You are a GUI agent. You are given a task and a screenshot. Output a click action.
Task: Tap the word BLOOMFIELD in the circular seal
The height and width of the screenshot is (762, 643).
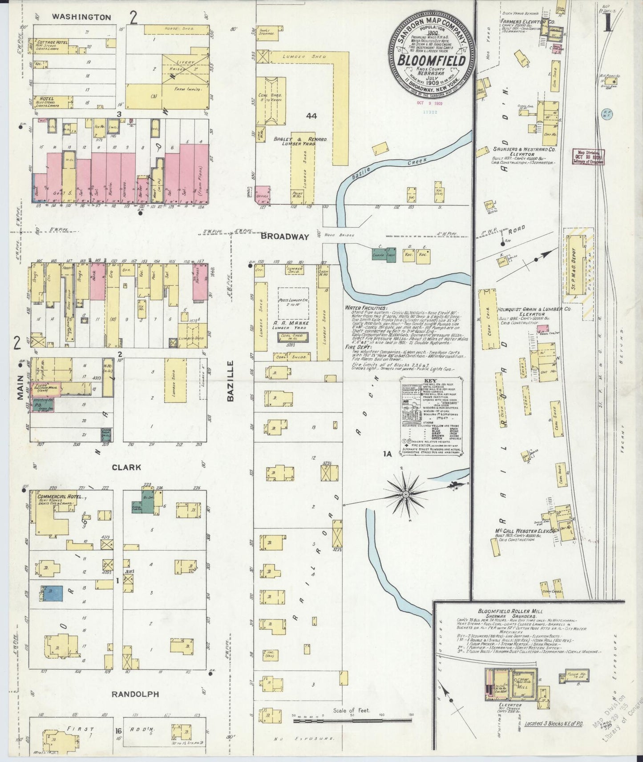coord(432,60)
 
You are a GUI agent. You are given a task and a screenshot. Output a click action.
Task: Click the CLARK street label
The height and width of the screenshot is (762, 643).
coord(126,467)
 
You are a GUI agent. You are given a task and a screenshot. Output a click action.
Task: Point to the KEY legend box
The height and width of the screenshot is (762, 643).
coord(431,416)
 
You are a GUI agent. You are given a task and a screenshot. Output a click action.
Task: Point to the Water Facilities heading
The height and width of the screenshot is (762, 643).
coord(365,308)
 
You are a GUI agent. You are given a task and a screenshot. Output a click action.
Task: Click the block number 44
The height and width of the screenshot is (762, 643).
coord(311,116)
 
